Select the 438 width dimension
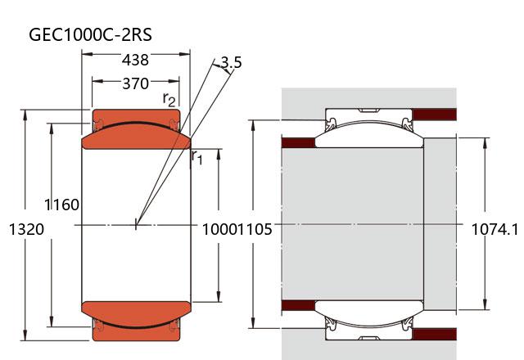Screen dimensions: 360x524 pos(135,60)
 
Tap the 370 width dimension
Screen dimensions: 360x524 pos(135,83)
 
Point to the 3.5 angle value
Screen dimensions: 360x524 pos(231,63)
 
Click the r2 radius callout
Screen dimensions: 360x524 pos(169,99)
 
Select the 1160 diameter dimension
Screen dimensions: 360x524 pos(63,205)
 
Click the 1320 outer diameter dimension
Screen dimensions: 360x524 pos(25,230)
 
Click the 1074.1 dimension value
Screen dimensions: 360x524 pos(496,230)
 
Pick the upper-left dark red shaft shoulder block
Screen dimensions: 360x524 pos(298,143)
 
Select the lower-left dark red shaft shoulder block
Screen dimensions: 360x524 pos(298,306)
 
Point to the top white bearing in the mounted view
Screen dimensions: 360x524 pos(368,132)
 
